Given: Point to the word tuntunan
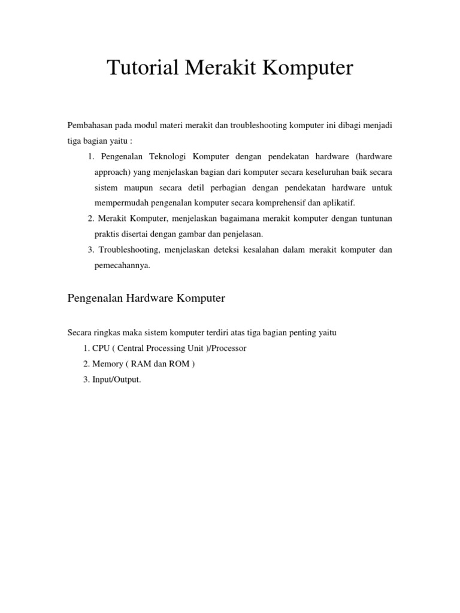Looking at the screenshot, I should click(x=374, y=219).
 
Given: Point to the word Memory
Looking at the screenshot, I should click(x=105, y=364).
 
